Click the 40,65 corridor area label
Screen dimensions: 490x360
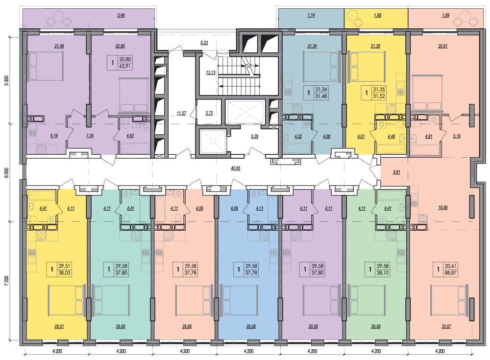(x=236, y=168)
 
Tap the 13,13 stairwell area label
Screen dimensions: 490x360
(x=211, y=72)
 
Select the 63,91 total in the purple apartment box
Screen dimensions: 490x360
(x=124, y=66)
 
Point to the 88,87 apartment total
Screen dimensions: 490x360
(x=451, y=273)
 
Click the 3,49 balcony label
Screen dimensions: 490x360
(x=121, y=15)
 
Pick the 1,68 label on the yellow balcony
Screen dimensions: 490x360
(x=377, y=15)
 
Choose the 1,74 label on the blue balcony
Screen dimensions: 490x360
(x=311, y=15)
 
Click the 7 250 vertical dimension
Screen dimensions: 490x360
(x=7, y=280)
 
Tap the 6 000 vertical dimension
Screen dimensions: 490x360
(x=7, y=173)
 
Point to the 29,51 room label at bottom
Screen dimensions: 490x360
(x=59, y=327)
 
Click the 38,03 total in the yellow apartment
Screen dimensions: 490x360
(x=64, y=273)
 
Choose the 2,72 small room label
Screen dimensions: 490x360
(x=209, y=113)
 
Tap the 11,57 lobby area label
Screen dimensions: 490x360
(x=182, y=113)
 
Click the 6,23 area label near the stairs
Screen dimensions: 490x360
(x=204, y=43)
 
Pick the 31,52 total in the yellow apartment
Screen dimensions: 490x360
(x=379, y=96)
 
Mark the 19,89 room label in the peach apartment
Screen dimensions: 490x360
(x=443, y=207)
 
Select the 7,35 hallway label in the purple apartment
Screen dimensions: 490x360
(x=90, y=136)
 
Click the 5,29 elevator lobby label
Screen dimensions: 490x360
(x=255, y=136)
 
